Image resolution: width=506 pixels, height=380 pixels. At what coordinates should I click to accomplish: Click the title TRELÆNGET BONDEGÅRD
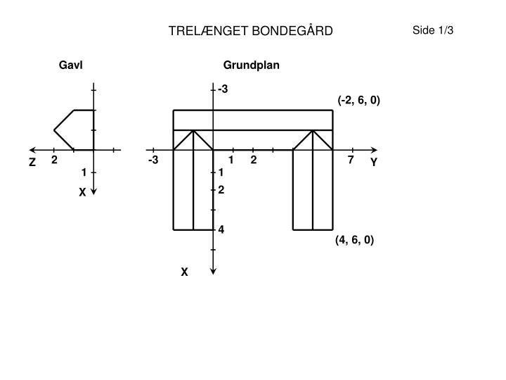(250, 31)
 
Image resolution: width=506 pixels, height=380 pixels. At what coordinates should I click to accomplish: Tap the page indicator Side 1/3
(433, 30)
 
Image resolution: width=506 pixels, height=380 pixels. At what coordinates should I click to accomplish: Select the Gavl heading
(71, 65)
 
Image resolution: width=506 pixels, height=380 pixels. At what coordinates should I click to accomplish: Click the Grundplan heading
(251, 65)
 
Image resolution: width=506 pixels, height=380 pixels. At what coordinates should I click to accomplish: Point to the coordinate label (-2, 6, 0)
(359, 100)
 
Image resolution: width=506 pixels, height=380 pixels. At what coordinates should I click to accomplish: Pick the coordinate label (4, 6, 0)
(354, 240)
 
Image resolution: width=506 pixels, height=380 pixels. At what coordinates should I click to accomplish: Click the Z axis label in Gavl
(32, 162)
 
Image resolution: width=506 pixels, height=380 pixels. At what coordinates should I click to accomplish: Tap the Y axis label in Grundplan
(374, 162)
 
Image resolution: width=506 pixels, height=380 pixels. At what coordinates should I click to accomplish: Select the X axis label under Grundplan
(184, 272)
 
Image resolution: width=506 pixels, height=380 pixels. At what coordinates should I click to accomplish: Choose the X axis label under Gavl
(82, 192)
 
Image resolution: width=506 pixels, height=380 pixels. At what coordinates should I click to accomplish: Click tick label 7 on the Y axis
(351, 160)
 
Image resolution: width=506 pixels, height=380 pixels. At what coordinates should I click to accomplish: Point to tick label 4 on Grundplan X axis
(221, 229)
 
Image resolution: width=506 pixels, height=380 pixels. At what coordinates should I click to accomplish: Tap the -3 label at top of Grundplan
(223, 89)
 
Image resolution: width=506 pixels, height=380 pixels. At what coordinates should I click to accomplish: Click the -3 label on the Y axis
(153, 160)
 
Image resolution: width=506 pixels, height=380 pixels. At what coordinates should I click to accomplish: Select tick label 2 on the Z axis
(54, 160)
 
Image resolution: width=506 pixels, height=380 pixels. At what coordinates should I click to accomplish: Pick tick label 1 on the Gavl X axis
(84, 172)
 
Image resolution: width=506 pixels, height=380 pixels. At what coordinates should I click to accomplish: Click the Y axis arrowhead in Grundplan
(375, 150)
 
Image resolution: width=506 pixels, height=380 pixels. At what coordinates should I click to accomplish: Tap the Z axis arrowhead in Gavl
(32, 150)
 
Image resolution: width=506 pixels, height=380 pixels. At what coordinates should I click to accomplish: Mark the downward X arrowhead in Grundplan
(213, 272)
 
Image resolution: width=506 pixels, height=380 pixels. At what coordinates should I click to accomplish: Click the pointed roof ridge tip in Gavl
(54, 130)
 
